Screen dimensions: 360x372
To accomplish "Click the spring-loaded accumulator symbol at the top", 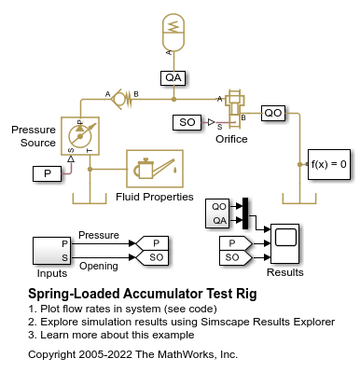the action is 173,33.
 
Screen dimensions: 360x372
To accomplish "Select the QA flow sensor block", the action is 173,77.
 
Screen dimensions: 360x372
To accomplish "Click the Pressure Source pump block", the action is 80,136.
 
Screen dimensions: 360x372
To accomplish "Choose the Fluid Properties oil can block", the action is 155,169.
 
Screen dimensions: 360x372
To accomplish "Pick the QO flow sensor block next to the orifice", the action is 273,113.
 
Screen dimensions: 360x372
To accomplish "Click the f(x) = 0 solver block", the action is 329,164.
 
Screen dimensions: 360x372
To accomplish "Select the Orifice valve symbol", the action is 235,108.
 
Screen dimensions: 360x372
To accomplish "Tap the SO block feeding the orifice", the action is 187,122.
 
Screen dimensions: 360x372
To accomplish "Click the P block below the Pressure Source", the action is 47,173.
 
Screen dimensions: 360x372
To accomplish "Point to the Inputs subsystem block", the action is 52,251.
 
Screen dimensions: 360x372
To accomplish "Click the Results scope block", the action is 284,243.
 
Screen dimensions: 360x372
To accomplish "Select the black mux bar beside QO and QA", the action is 245,214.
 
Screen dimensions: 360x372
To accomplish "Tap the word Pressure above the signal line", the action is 99,235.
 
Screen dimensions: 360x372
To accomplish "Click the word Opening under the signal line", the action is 99,266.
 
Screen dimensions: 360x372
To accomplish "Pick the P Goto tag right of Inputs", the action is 153,243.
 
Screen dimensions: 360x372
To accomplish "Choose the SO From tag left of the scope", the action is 236,258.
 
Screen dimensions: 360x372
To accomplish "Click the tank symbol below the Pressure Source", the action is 90,199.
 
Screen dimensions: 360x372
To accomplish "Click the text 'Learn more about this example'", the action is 118,335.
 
